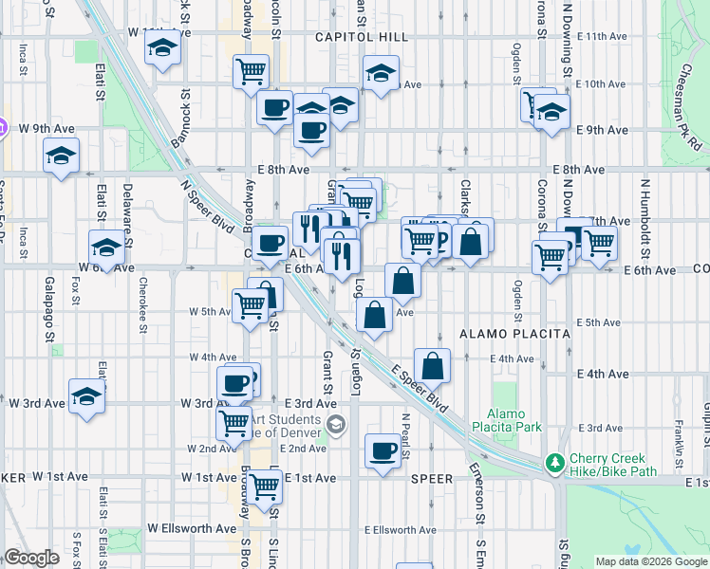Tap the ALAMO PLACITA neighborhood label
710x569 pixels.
[514, 334]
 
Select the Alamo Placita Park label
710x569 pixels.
[514, 420]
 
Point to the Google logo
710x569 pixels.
[31, 558]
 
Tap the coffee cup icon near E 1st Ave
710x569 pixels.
[383, 450]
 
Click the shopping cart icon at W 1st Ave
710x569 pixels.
[265, 486]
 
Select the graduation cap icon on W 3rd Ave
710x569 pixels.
[86, 395]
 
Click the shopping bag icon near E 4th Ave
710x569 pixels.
[432, 365]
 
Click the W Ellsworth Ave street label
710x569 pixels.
[191, 528]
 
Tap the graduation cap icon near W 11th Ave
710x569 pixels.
[162, 48]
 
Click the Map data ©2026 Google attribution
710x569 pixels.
[651, 561]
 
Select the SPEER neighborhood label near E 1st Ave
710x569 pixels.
[432, 479]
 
